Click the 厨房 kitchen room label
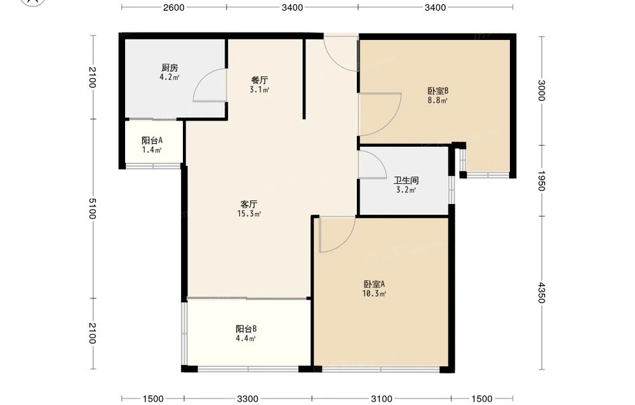170,67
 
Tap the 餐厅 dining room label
260,80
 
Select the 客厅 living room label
249,204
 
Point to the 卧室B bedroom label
438,91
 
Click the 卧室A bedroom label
374,284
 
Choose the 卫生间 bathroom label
406,181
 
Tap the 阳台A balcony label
152,141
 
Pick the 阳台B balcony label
246,329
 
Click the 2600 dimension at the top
174,7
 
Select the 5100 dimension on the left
92,209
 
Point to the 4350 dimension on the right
542,292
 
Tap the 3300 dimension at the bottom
248,399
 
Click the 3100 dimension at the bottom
382,399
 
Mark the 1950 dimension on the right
542,181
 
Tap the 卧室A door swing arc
345,242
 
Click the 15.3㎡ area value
249,214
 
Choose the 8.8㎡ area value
438,100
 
